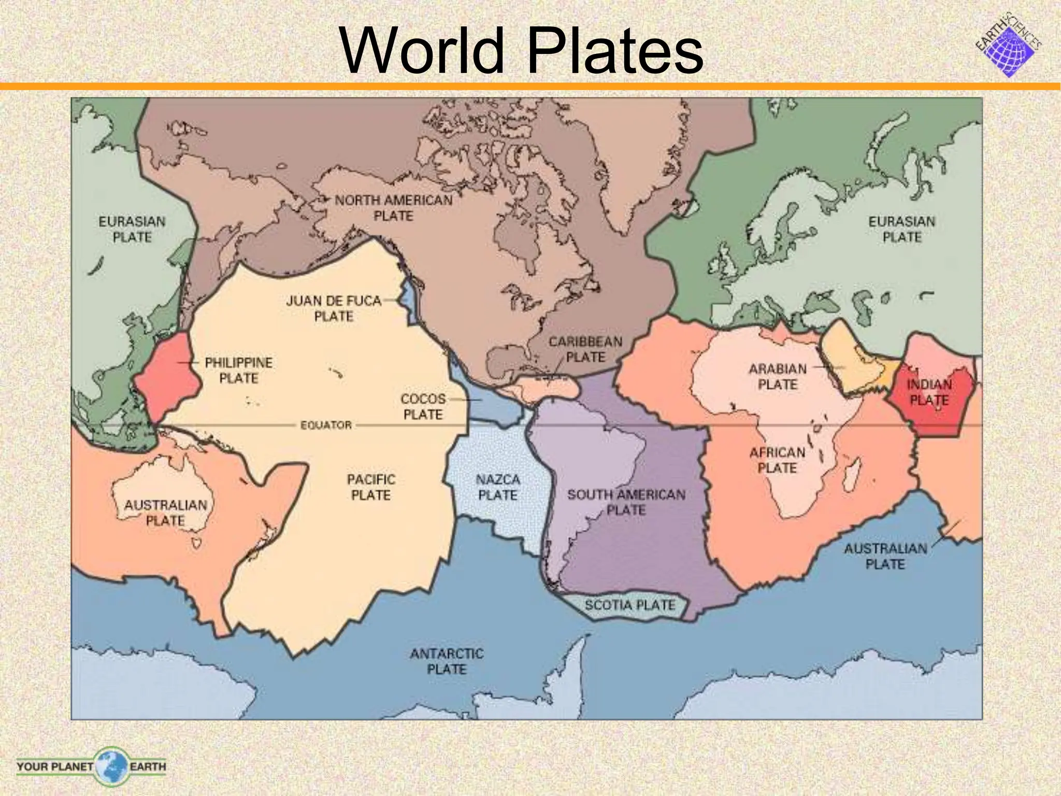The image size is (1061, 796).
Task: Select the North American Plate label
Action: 394,208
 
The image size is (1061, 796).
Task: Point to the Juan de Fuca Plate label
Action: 334,308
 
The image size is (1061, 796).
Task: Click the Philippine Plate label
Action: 238,370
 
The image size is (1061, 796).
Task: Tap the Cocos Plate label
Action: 423,407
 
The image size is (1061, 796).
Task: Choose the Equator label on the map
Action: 326,425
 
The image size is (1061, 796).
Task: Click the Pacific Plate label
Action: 371,487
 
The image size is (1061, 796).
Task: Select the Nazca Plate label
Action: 498,487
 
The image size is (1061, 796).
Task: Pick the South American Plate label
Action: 626,502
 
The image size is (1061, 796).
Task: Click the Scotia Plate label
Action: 630,605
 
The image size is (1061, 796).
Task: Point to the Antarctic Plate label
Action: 447,661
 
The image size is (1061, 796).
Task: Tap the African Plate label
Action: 777,460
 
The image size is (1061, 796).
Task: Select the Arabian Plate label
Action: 778,377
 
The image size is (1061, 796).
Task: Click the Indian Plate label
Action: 929,392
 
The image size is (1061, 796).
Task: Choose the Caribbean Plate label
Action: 585,349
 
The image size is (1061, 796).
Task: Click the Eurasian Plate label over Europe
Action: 902,229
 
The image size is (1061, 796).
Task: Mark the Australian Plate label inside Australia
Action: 165,513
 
